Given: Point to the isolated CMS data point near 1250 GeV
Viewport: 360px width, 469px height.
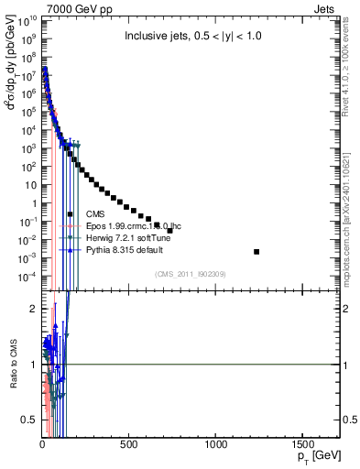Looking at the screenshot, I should point(256,251).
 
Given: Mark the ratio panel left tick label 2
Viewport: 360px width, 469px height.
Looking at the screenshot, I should point(33,309).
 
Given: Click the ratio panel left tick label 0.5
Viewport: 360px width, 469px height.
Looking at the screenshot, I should point(29,420).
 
